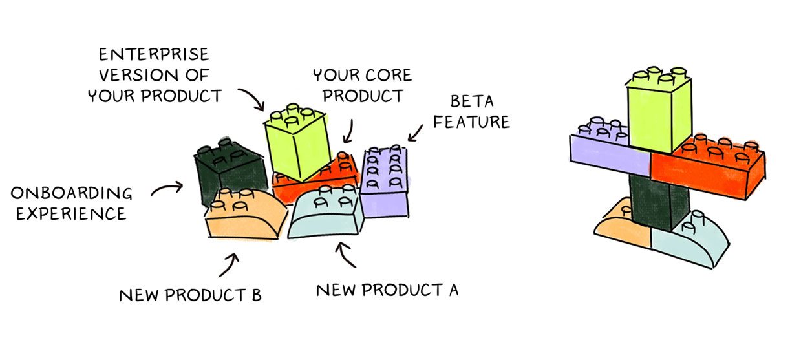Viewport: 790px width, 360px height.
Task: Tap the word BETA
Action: (x=472, y=102)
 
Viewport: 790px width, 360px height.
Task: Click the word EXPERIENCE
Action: (x=71, y=213)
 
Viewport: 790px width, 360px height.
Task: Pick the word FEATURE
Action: (x=471, y=122)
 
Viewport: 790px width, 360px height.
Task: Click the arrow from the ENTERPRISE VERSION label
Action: (x=252, y=98)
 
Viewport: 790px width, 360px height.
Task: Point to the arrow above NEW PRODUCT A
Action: (x=347, y=254)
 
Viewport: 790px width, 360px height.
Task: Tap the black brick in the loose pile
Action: (x=226, y=168)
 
